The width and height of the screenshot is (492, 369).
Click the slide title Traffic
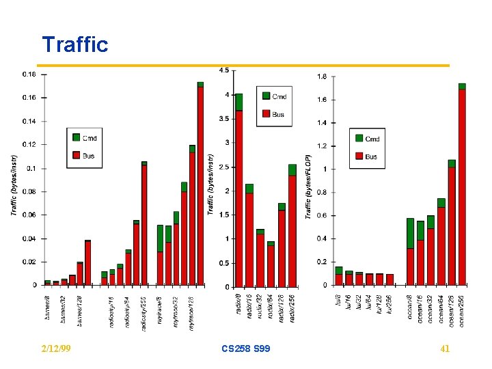(75, 45)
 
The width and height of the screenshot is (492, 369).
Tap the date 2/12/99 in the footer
(57, 349)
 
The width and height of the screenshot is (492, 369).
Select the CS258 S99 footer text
(246, 349)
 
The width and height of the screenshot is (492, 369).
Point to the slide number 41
(445, 349)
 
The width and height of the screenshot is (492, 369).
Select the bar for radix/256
(292, 229)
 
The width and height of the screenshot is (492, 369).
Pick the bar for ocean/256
(462, 184)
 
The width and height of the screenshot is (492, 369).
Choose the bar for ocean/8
(410, 253)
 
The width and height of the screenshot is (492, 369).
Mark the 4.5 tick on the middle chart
(223, 70)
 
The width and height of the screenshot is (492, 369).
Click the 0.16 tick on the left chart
(29, 98)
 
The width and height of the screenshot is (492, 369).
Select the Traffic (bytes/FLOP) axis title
(308, 176)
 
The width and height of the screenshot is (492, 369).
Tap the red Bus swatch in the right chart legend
(359, 156)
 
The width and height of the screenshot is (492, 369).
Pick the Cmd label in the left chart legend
(90, 138)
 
